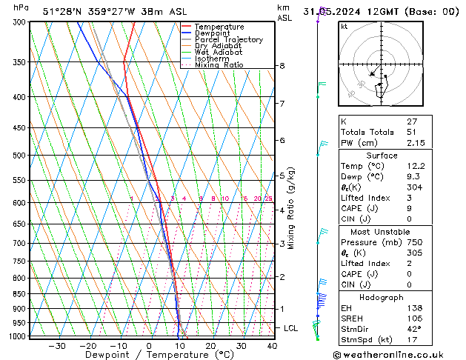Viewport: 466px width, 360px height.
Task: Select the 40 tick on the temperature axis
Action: (x=272, y=346)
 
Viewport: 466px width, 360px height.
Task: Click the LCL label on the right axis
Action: (x=291, y=327)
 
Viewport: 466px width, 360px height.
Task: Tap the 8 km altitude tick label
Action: (x=282, y=66)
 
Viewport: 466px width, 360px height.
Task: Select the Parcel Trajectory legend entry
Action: (x=228, y=40)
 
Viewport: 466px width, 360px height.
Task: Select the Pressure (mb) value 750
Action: (x=414, y=241)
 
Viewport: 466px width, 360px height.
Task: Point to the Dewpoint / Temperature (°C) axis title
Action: (x=149, y=356)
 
